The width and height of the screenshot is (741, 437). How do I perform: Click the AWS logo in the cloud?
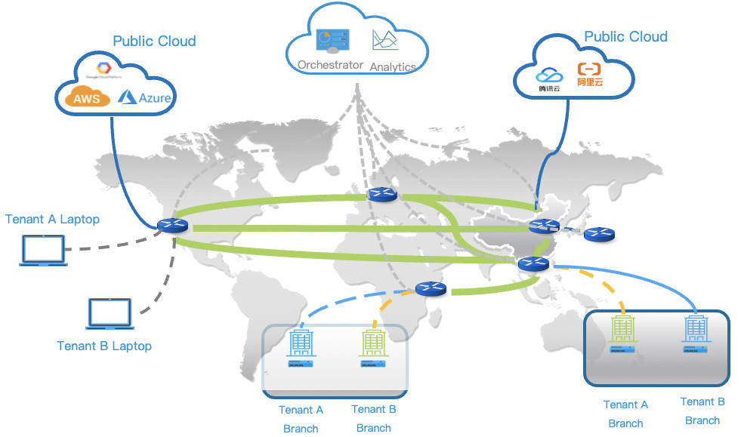click(x=87, y=98)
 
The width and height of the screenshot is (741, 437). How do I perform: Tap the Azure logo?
click(x=145, y=97)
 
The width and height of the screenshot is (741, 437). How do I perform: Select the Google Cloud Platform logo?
click(x=104, y=69)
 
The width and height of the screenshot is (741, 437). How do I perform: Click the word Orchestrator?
click(x=330, y=65)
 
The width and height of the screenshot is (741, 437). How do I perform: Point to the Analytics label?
click(x=393, y=66)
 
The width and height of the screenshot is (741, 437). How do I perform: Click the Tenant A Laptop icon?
click(x=42, y=251)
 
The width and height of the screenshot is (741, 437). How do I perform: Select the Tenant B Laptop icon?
click(x=110, y=313)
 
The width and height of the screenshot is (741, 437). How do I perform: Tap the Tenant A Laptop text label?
click(x=52, y=220)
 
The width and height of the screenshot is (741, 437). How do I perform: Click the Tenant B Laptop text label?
click(x=104, y=346)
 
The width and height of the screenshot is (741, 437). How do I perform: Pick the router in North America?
click(x=171, y=225)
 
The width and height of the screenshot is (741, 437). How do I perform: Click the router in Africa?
click(x=431, y=288)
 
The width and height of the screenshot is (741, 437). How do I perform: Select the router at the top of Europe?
click(x=381, y=195)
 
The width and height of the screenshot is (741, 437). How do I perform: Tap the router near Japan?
click(x=599, y=235)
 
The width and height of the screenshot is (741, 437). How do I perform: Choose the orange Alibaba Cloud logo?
click(x=591, y=75)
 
